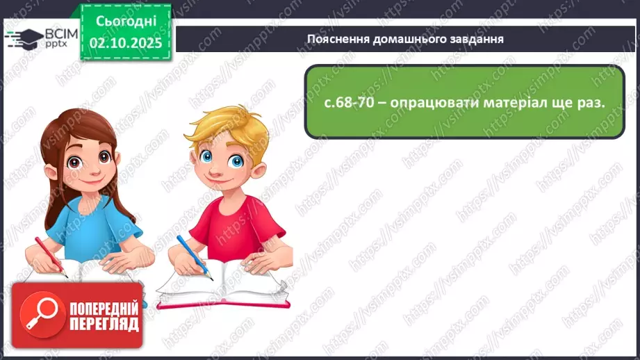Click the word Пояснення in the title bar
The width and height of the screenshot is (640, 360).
pos(337,39)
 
